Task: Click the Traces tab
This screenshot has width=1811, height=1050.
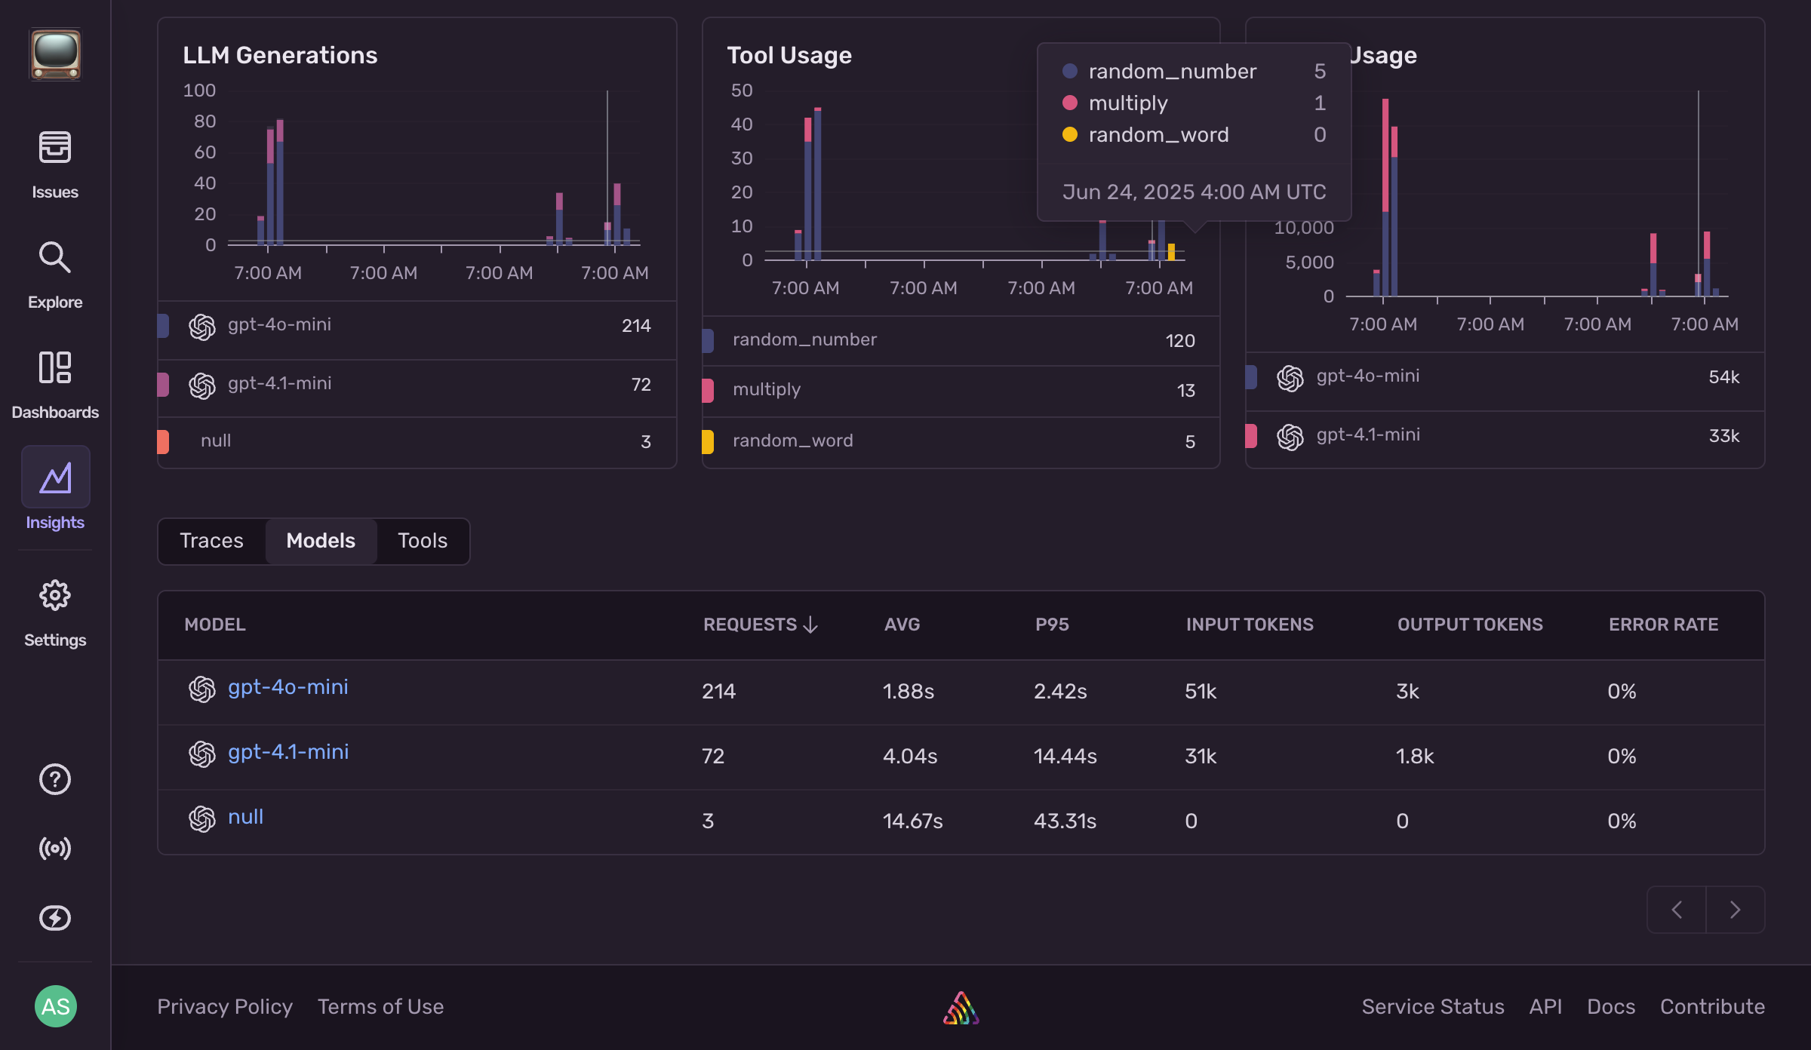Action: pyautogui.click(x=211, y=541)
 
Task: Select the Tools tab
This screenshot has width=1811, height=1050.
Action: pyautogui.click(x=422, y=541)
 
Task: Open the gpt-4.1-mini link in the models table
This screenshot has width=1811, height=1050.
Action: pyautogui.click(x=288, y=752)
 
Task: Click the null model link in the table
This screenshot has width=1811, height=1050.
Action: pyautogui.click(x=245, y=817)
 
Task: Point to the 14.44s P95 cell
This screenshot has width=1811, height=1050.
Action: pyautogui.click(x=1065, y=757)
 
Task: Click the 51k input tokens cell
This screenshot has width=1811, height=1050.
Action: pyautogui.click(x=1200, y=692)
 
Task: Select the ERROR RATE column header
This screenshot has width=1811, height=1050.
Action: pyautogui.click(x=1663, y=625)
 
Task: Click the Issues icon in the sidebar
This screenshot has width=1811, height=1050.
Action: pyautogui.click(x=55, y=147)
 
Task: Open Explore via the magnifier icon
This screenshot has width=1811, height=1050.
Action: pyautogui.click(x=55, y=258)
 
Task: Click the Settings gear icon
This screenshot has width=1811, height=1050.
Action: pyautogui.click(x=55, y=596)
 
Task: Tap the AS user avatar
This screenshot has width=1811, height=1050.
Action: pyautogui.click(x=55, y=1006)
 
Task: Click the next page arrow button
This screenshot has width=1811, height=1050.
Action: pyautogui.click(x=1735, y=910)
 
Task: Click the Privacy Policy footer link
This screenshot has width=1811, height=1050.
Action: pyautogui.click(x=225, y=1007)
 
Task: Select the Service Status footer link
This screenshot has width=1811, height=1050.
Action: pyautogui.click(x=1432, y=1007)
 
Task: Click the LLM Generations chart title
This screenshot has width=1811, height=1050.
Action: pyautogui.click(x=280, y=55)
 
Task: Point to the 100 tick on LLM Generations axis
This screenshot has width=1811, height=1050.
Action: pyautogui.click(x=199, y=91)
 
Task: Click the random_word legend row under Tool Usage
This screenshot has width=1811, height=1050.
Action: pyautogui.click(x=792, y=441)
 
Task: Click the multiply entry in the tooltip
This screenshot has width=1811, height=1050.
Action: pyautogui.click(x=1127, y=103)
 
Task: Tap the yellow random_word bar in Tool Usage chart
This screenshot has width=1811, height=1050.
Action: pyautogui.click(x=1171, y=252)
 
